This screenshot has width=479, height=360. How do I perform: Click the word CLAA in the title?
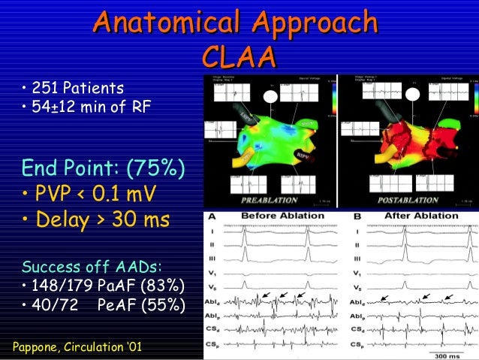(239, 56)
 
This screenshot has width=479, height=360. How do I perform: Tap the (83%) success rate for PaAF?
(160, 286)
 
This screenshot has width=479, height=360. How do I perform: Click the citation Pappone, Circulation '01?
(80, 346)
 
